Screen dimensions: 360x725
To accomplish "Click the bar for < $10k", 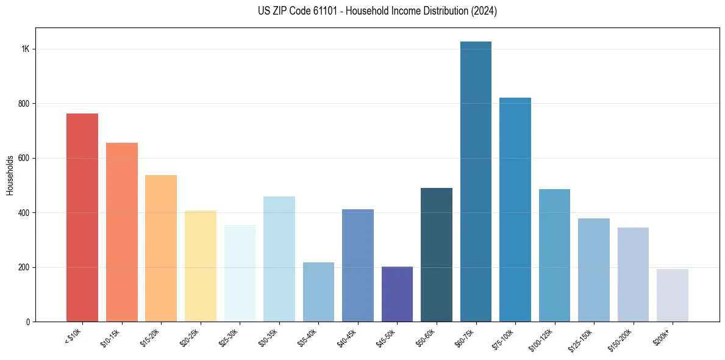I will pyautogui.click(x=82, y=217).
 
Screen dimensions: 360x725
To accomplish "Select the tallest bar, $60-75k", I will pyautogui.click(x=476, y=181).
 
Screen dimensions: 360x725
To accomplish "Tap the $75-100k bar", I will pyautogui.click(x=515, y=209).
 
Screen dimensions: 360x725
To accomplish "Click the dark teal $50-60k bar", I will pyautogui.click(x=437, y=254).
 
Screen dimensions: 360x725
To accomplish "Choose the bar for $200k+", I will pyautogui.click(x=673, y=295).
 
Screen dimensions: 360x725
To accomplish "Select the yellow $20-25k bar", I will pyautogui.click(x=201, y=266).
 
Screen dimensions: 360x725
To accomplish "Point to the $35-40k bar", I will pyautogui.click(x=318, y=292).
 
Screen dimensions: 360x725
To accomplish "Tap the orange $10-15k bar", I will pyautogui.click(x=122, y=232).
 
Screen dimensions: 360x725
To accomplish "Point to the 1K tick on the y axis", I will pyautogui.click(x=26, y=49).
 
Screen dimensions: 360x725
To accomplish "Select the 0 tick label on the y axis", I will pyautogui.click(x=28, y=322).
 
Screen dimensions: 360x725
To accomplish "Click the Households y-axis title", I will pyautogui.click(x=10, y=175).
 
